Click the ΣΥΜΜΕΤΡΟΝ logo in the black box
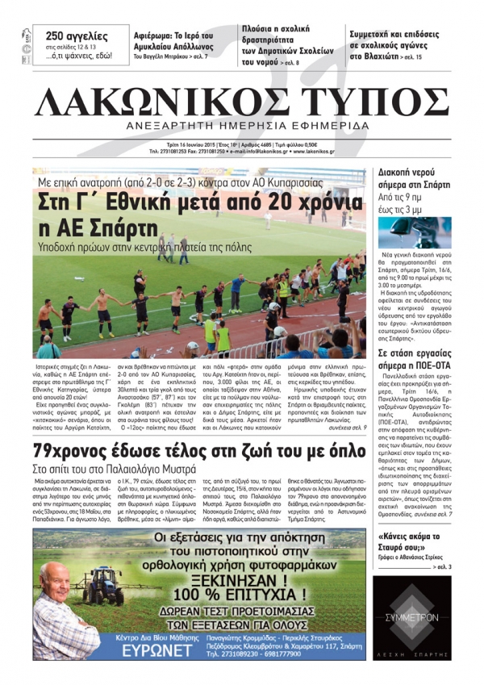(411, 617)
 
